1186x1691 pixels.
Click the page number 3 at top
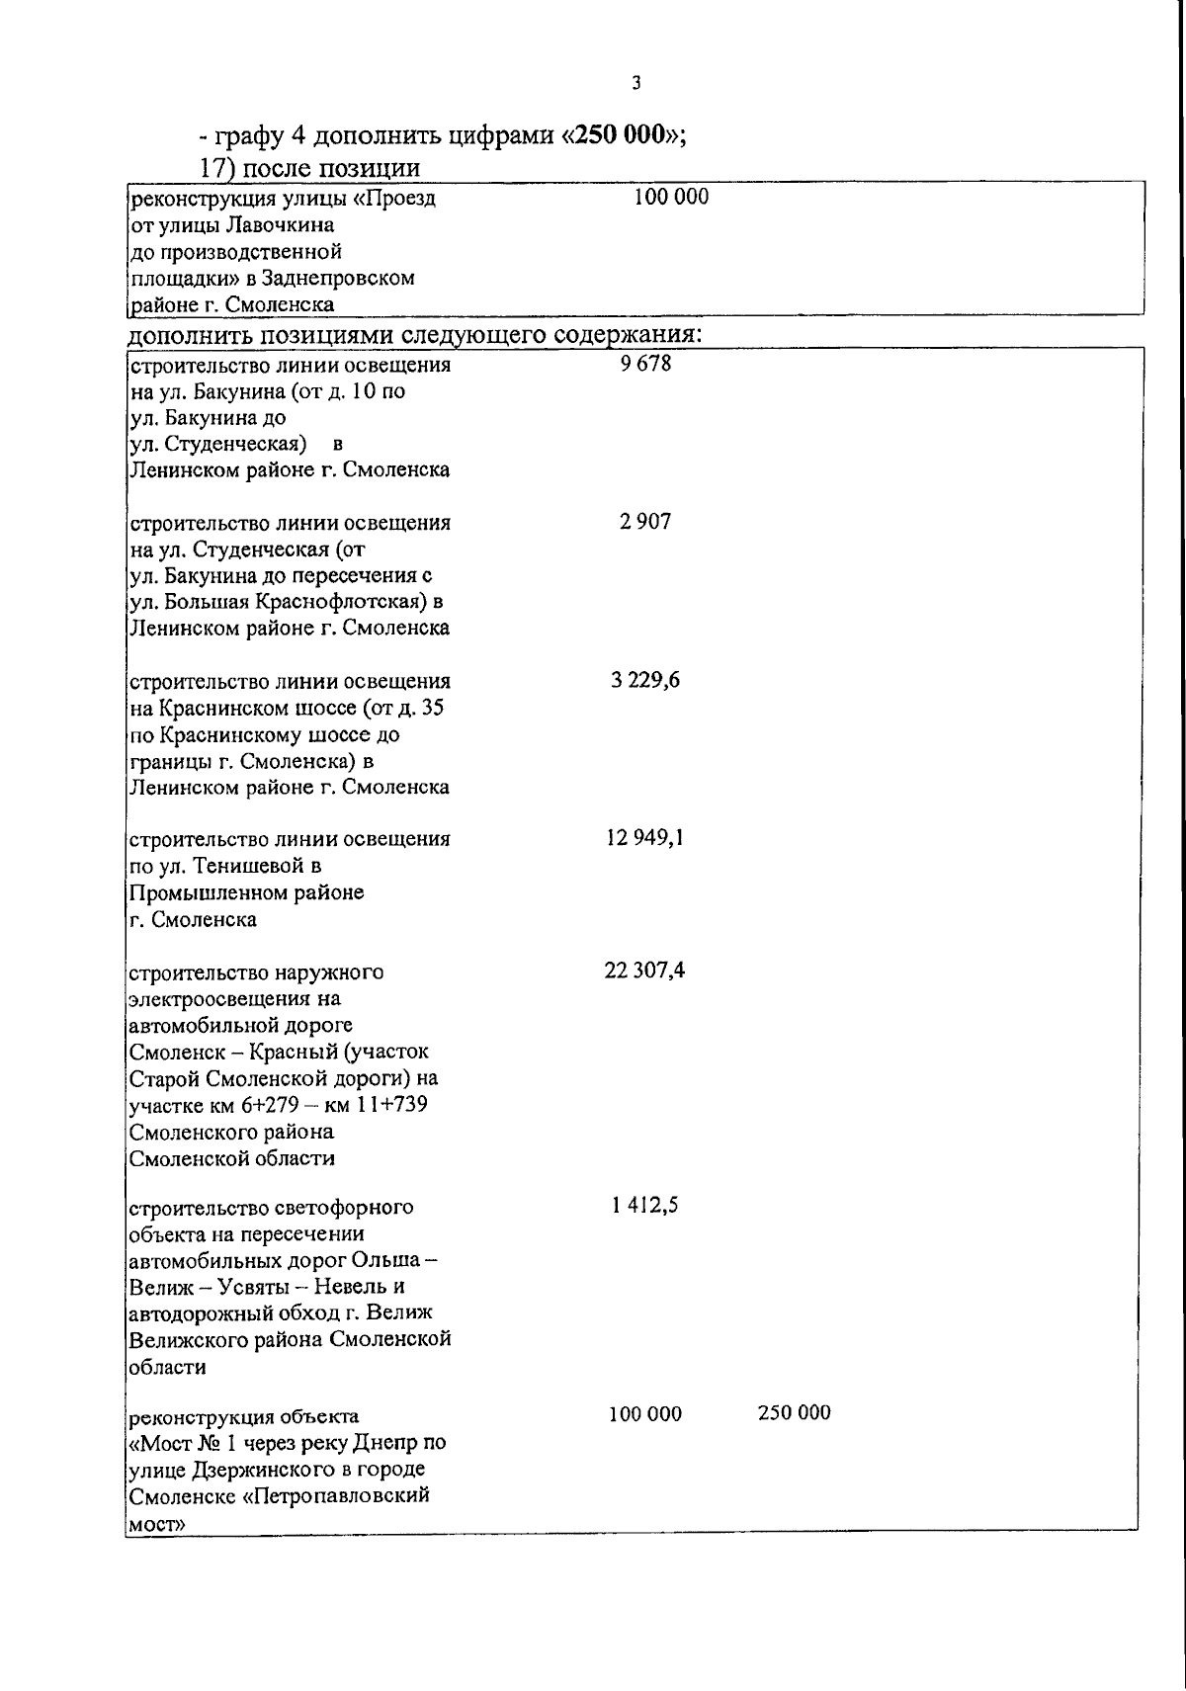click(636, 84)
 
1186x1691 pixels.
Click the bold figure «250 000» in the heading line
click(621, 135)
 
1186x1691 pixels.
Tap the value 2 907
click(645, 522)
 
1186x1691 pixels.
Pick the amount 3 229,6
click(645, 680)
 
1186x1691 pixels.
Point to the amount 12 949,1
click(645, 838)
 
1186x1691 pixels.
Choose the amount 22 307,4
click(645, 971)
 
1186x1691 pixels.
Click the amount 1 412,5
click(645, 1206)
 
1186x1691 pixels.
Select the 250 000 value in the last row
click(795, 1413)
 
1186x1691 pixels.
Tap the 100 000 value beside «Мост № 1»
click(645, 1414)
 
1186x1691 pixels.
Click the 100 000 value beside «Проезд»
click(671, 198)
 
